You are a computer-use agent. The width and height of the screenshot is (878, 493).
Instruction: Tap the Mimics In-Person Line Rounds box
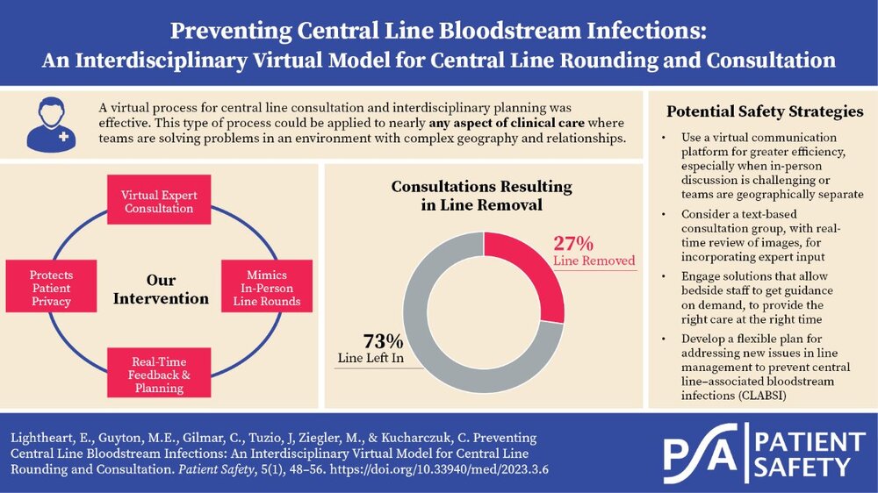266,284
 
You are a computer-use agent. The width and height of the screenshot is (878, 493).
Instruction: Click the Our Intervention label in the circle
162,289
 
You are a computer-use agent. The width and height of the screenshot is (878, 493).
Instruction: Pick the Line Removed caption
594,261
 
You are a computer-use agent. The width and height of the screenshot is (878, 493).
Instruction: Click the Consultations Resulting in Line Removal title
480,195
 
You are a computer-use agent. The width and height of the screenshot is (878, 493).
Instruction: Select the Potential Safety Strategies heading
764,111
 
